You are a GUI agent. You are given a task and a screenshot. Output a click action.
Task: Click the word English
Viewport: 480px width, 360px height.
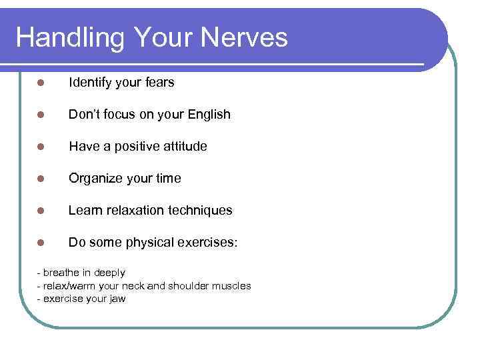click(209, 115)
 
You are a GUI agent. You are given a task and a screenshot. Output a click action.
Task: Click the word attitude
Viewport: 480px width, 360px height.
click(184, 146)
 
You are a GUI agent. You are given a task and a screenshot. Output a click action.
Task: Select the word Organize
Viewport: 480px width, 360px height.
click(95, 179)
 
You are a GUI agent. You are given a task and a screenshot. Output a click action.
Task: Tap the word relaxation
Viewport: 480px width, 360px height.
click(137, 211)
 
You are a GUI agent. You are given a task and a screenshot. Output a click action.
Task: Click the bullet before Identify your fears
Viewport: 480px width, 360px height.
click(41, 83)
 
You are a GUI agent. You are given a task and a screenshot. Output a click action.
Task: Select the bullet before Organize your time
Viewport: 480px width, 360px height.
click(41, 179)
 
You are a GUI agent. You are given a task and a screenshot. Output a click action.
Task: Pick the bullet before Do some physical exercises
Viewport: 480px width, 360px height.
click(41, 243)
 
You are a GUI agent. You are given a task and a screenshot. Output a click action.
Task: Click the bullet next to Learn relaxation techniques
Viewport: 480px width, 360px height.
click(41, 211)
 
